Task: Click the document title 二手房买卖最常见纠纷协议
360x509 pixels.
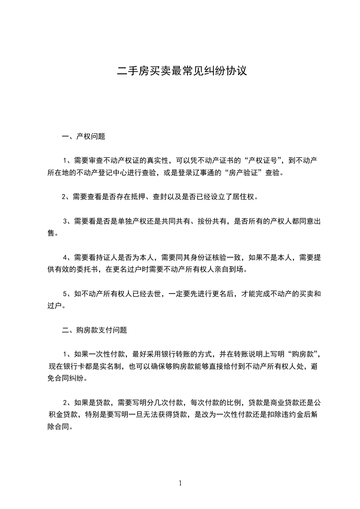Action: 182,71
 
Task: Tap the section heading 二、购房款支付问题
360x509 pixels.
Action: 94,330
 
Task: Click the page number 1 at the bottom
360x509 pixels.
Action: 180,483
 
